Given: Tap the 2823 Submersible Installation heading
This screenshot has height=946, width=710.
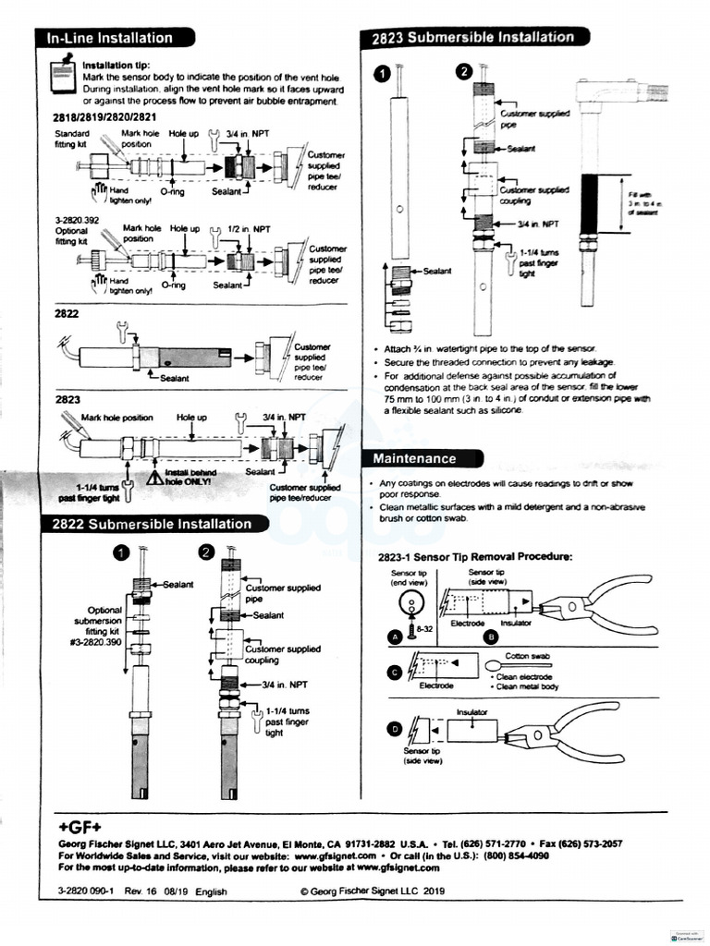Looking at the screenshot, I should (x=472, y=37).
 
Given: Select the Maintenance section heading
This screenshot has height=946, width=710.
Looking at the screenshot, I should (x=414, y=458).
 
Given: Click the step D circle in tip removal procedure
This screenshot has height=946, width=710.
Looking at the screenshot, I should (x=396, y=730).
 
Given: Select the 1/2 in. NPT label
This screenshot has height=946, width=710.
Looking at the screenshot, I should (x=249, y=229).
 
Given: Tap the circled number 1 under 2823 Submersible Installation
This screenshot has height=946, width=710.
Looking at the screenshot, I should (x=380, y=74).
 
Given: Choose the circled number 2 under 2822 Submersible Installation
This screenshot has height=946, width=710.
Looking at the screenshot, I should (x=206, y=552).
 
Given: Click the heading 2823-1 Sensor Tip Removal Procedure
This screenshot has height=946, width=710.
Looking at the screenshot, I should (x=475, y=557).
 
